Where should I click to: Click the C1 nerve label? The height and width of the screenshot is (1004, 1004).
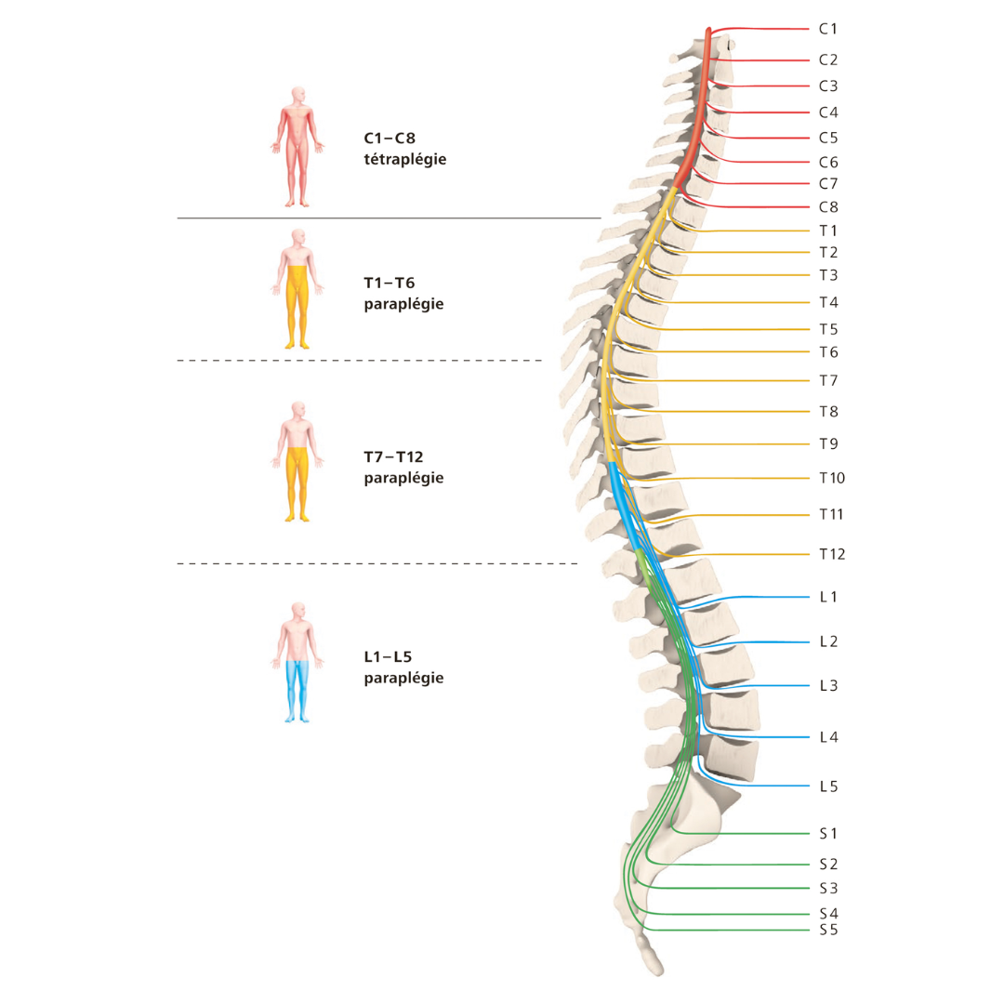pyautogui.click(x=828, y=30)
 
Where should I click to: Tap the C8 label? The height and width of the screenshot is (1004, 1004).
pyautogui.click(x=828, y=208)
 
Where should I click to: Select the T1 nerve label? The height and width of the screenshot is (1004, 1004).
pyautogui.click(x=828, y=231)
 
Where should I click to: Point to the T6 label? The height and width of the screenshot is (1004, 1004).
pyautogui.click(x=828, y=352)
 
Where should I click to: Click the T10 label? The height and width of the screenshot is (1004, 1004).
pyautogui.click(x=831, y=479)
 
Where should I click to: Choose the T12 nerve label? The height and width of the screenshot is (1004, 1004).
pyautogui.click(x=831, y=555)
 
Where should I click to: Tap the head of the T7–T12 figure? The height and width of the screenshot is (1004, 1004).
pyautogui.click(x=297, y=410)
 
